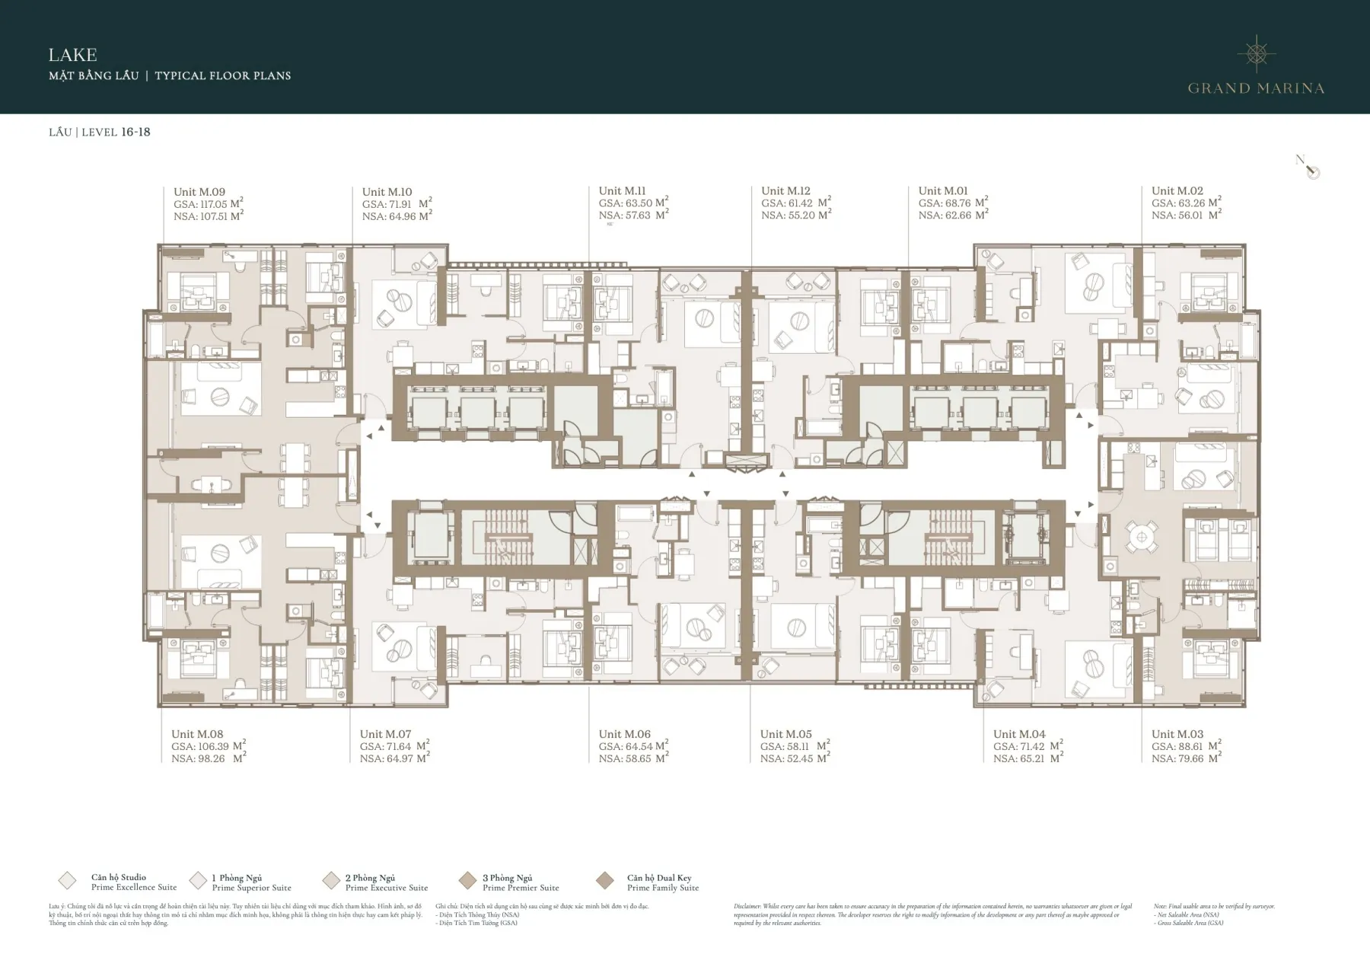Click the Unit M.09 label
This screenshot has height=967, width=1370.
pyautogui.click(x=199, y=192)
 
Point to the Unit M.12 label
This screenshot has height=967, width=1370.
pyautogui.click(x=785, y=191)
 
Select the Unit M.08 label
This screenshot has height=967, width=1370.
pyautogui.click(x=197, y=735)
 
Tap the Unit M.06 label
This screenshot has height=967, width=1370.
pyautogui.click(x=624, y=735)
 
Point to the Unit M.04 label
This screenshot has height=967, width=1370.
pyautogui.click(x=1018, y=735)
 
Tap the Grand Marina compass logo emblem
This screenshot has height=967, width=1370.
pyautogui.click(x=1256, y=53)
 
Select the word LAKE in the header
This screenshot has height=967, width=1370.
pyautogui.click(x=72, y=55)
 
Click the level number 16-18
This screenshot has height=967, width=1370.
pyautogui.click(x=135, y=132)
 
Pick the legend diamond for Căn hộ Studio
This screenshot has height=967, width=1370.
pyautogui.click(x=67, y=881)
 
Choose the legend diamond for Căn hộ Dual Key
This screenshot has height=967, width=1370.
pyautogui.click(x=605, y=881)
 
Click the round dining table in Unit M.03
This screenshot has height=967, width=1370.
pyautogui.click(x=1140, y=538)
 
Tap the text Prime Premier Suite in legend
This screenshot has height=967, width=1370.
pyautogui.click(x=521, y=888)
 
